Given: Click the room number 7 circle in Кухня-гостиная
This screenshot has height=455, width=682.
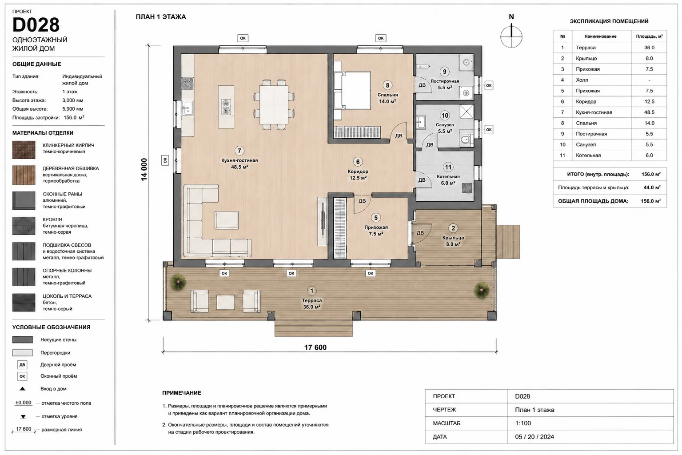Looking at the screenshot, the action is click(239, 151).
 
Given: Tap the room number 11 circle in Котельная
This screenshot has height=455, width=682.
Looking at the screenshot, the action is click(448, 167).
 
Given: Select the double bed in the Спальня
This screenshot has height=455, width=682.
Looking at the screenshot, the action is click(352, 90).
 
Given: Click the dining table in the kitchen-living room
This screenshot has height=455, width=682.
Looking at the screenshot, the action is click(274, 104).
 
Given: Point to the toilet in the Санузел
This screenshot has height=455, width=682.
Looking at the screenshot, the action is click(466, 140).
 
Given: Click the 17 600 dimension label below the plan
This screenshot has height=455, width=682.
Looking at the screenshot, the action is click(315, 347).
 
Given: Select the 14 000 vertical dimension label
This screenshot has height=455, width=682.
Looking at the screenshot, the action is click(144, 170).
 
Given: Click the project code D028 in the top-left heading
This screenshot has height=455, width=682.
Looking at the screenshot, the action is click(36, 25).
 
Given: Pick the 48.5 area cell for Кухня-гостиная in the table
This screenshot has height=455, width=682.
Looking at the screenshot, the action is click(649, 112).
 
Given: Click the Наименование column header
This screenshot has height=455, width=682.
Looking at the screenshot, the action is click(600, 36).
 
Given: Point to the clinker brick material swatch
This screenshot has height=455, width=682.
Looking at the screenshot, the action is click(24, 150).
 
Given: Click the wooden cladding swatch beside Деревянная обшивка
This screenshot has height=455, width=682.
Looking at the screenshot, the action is click(24, 175).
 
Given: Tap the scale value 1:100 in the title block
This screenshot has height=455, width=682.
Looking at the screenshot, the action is click(523, 423).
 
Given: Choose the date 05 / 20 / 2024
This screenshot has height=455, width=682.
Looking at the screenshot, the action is click(534, 437).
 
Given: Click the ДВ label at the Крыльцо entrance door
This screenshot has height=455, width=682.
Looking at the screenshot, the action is click(420, 233).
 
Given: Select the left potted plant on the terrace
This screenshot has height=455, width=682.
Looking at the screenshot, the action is click(178, 282).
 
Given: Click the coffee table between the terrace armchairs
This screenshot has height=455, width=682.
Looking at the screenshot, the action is click(225, 302).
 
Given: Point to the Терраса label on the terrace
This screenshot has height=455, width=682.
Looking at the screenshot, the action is click(311, 300).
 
